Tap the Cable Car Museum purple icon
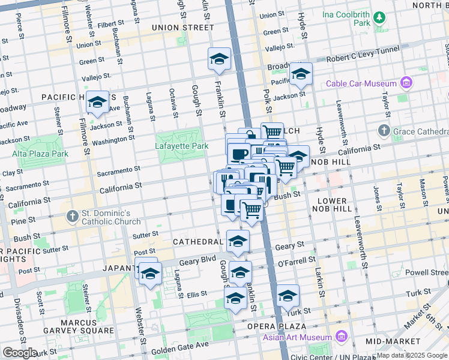tap(406, 83)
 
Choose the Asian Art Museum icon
tap(343, 337)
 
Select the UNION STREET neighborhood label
tap(182, 28)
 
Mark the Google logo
tap(20, 353)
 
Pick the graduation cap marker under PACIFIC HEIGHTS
tap(97, 103)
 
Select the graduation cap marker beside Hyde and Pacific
tap(300, 74)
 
